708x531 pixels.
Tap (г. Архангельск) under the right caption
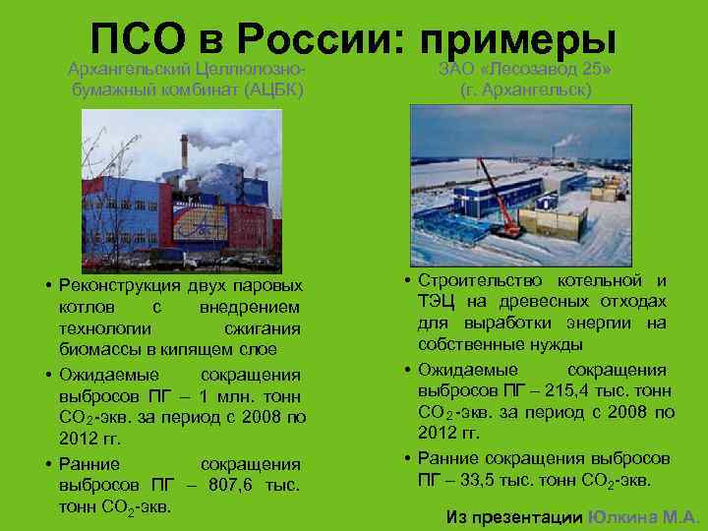525,89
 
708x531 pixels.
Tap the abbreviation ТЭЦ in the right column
436,301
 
